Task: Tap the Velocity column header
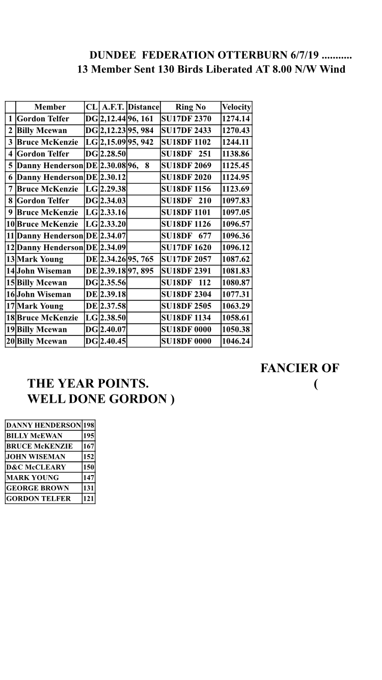coord(236,107)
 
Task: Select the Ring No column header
coord(190,107)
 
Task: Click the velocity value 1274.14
coord(236,119)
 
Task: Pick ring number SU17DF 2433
coord(186,130)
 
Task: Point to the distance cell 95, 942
coord(140,142)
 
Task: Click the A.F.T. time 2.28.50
coord(113,154)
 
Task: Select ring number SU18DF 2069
coord(186,166)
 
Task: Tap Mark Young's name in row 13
coord(40,259)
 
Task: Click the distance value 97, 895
coord(140,271)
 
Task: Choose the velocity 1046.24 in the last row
coord(236,342)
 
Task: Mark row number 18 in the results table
coord(10,318)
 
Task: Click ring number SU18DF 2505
coord(186,306)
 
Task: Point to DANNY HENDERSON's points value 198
coord(89,425)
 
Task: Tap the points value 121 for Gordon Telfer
coord(89,499)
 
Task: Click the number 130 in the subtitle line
coord(166,69)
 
